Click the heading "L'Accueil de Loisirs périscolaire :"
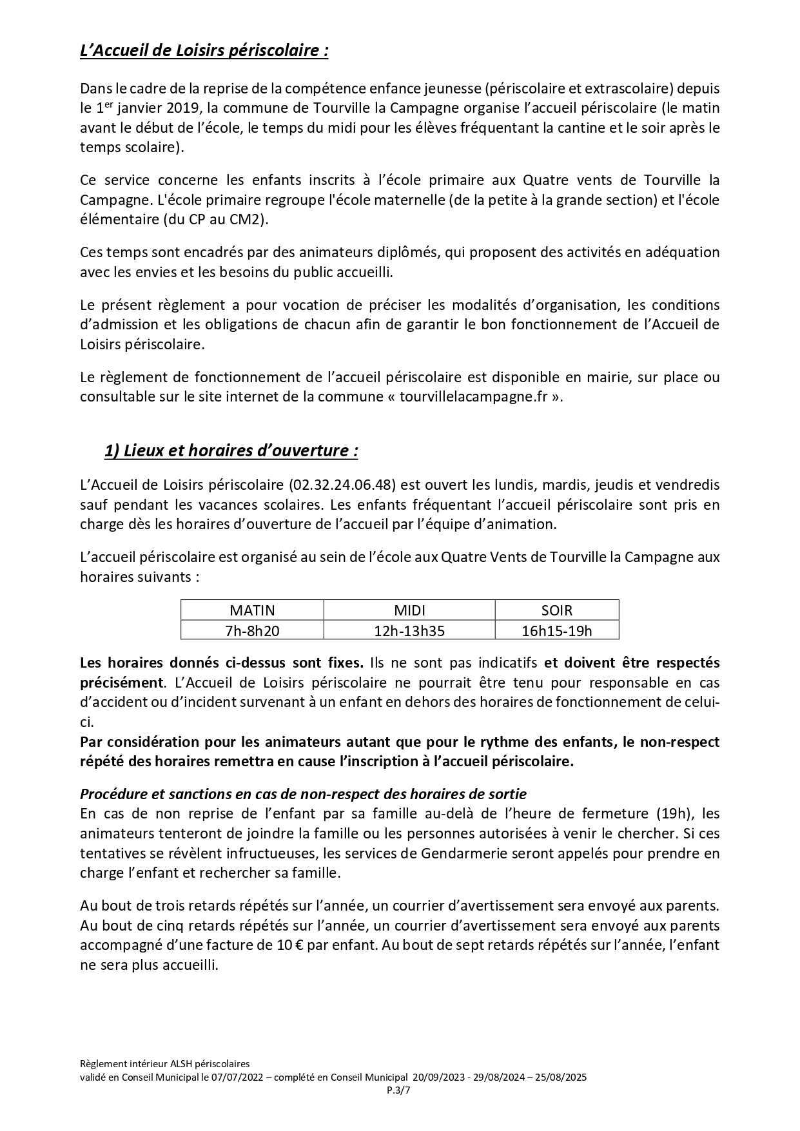point(204,51)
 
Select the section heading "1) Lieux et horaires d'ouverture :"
point(231,450)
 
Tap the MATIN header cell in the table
point(252,610)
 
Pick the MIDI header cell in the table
point(409,610)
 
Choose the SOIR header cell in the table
point(556,610)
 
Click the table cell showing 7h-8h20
point(252,630)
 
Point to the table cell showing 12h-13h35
point(409,630)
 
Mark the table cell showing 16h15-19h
point(556,630)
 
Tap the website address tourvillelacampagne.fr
point(474,397)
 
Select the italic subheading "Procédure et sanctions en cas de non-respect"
point(303,794)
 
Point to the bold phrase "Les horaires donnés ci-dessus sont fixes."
point(222,662)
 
